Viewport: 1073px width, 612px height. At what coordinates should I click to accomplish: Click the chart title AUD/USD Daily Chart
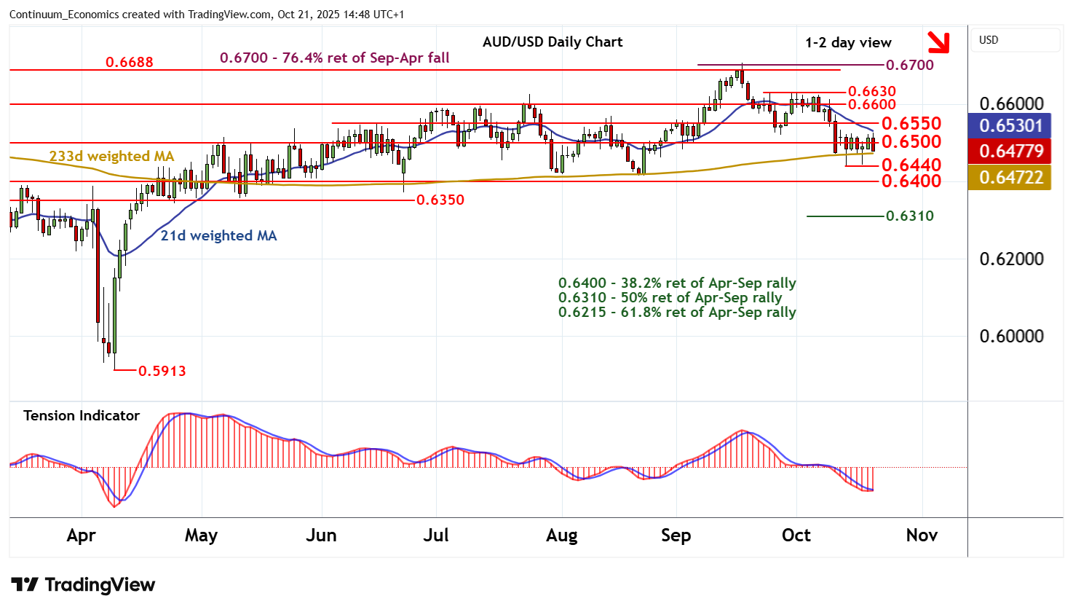553,42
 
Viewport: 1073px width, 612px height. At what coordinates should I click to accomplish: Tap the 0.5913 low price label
162,371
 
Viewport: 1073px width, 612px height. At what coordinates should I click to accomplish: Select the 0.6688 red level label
130,62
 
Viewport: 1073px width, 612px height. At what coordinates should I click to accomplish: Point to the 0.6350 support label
440,200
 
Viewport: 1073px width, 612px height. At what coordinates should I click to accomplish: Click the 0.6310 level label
909,216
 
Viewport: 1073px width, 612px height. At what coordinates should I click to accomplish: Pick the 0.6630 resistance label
872,91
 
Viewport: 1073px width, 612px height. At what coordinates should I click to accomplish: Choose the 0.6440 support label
911,165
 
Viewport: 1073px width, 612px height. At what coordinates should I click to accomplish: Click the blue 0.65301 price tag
1010,125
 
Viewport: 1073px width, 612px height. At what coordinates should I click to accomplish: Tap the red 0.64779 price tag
1010,151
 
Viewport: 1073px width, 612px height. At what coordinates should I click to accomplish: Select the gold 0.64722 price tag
1010,177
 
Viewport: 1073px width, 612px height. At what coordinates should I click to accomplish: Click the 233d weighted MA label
111,156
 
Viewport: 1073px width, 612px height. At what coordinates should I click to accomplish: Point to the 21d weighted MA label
218,235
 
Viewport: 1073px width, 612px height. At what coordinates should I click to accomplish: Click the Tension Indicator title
82,415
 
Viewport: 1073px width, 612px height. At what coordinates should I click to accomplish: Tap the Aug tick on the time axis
561,535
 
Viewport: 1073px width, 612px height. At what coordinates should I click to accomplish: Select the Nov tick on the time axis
922,535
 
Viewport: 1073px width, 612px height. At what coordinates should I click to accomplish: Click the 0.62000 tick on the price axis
1011,259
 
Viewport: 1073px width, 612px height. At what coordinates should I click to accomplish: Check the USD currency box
1015,40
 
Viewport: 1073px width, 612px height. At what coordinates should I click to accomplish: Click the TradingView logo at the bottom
83,585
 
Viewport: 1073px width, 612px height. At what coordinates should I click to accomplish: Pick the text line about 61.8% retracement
677,313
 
